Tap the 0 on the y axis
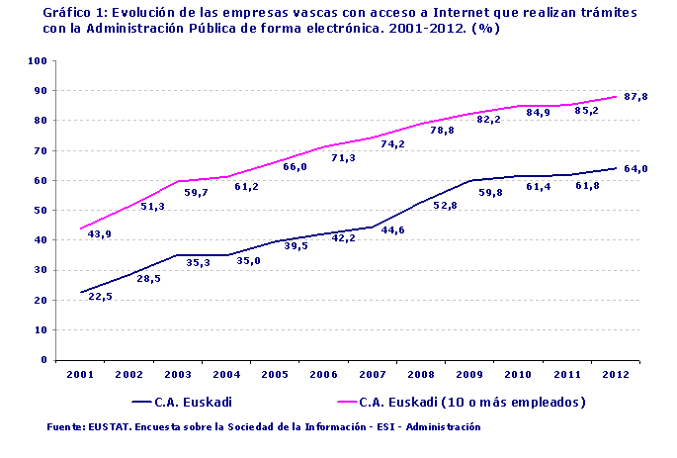pos(45,361)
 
